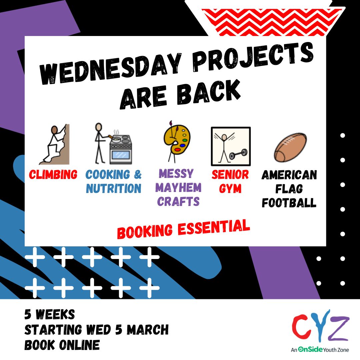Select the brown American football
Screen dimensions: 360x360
[290, 147]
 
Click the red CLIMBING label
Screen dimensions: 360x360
[53, 174]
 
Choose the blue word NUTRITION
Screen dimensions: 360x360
[114, 189]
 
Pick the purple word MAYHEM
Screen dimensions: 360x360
[178, 188]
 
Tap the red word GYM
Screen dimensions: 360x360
[230, 189]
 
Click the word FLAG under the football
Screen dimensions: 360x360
[289, 189]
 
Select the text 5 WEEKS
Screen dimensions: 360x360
[50, 314]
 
